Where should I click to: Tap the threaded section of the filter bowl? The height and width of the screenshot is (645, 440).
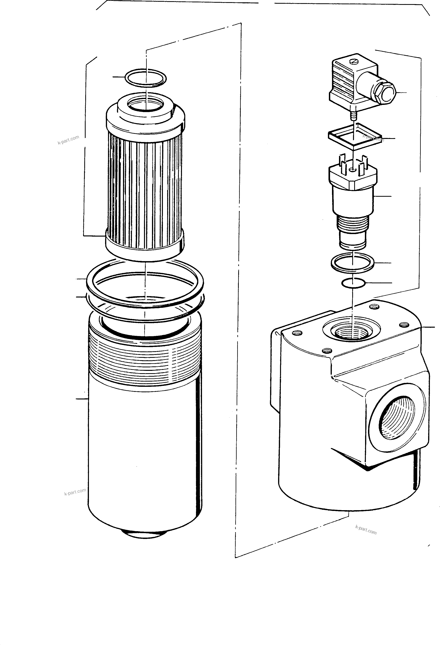145,361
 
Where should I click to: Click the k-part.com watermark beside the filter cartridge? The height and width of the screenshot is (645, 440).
68,140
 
